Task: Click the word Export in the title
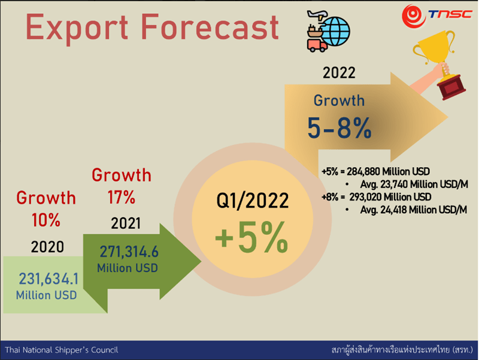click(77, 28)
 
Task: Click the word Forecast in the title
click(210, 27)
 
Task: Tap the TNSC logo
click(437, 16)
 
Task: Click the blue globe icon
click(336, 31)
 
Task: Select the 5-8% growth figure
click(339, 128)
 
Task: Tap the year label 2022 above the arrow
click(339, 72)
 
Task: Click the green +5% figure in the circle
click(251, 237)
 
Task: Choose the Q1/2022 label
click(252, 201)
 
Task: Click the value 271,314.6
click(129, 252)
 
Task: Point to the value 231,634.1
click(48, 279)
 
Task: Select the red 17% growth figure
click(122, 197)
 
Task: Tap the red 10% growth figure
click(46, 220)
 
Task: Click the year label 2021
click(126, 223)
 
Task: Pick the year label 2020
click(47, 247)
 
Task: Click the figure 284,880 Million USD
click(388, 171)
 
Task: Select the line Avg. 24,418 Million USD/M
click(414, 210)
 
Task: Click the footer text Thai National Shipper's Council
click(62, 350)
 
